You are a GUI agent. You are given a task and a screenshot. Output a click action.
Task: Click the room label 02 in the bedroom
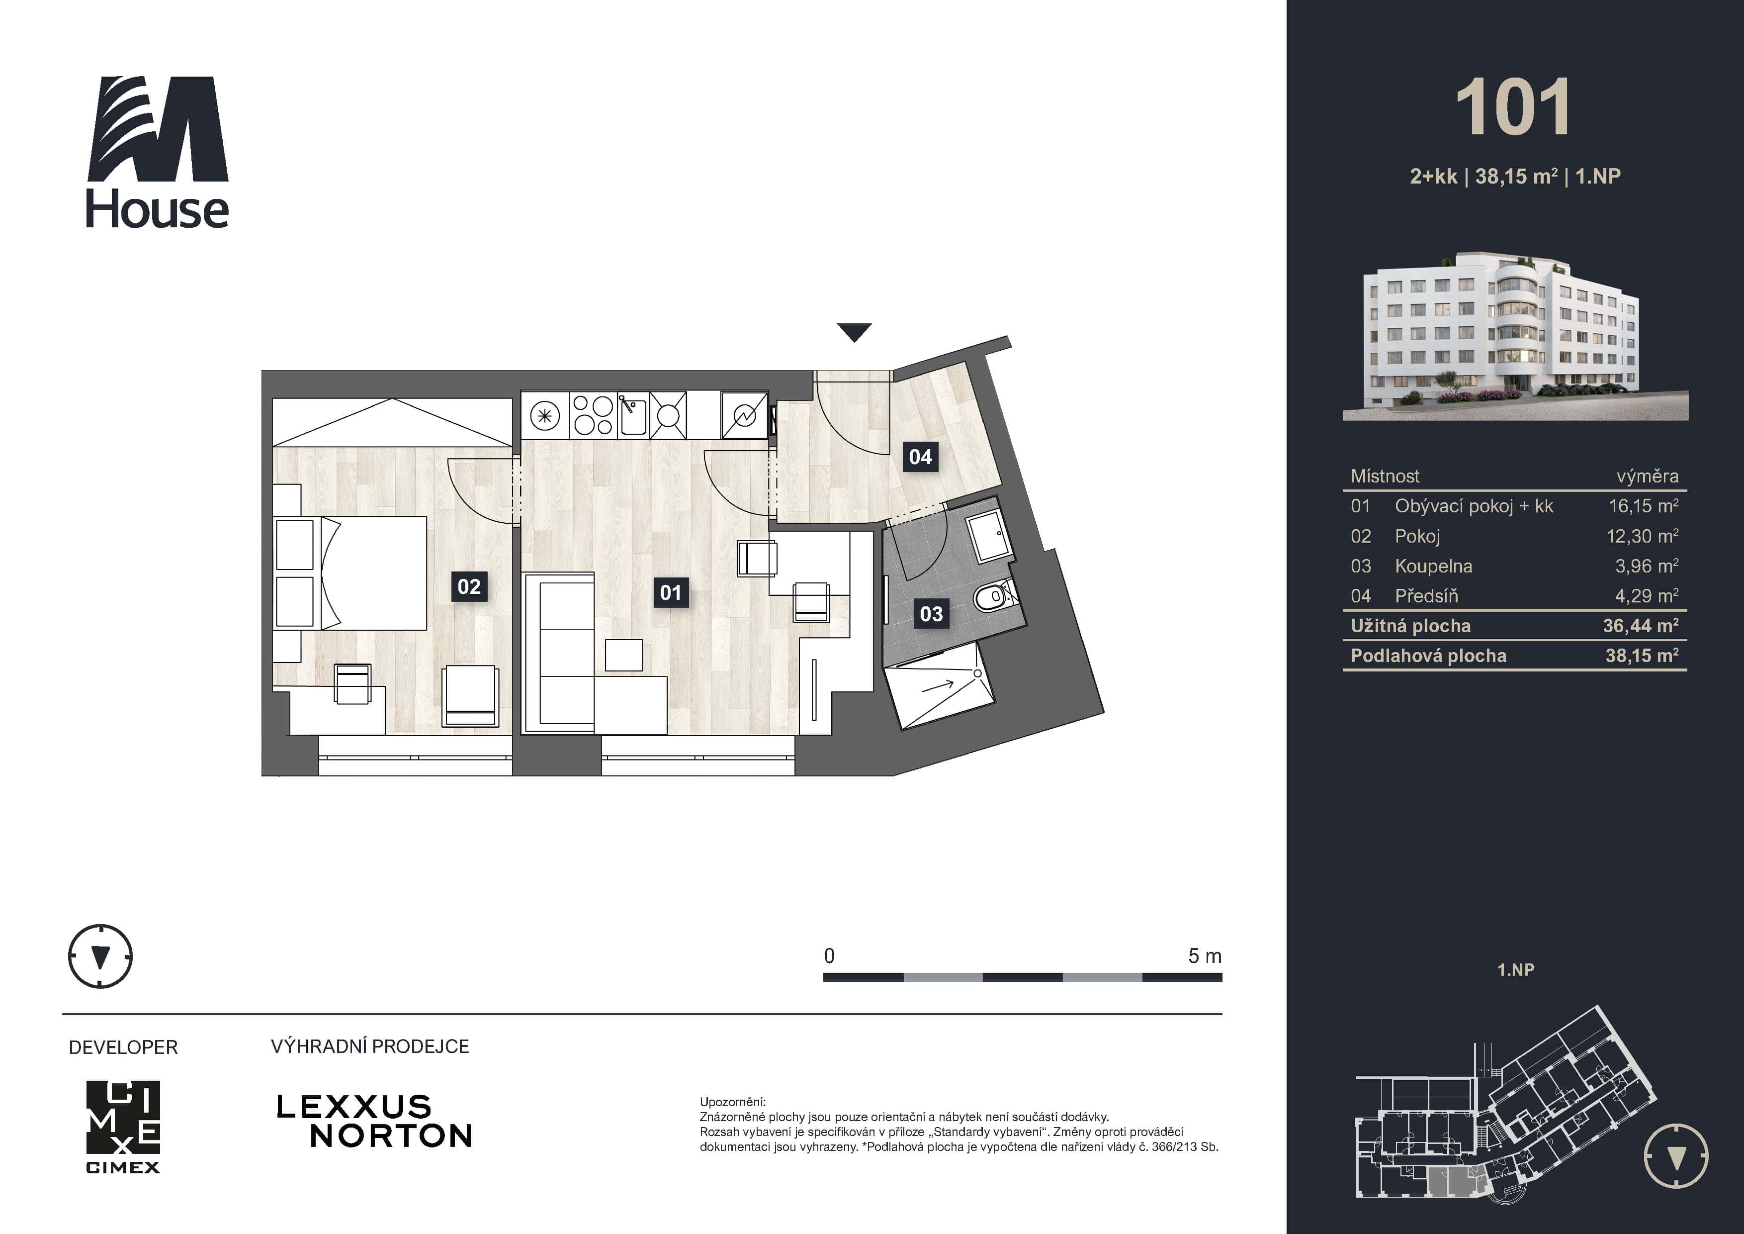469,586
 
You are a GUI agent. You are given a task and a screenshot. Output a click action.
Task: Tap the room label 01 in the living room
671,593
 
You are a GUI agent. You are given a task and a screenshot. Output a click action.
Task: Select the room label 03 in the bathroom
931,614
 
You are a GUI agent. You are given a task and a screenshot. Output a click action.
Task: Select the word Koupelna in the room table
1433,566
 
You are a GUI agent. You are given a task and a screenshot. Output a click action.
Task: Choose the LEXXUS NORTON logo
374,1121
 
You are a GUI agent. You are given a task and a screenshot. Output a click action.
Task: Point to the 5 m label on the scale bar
1204,956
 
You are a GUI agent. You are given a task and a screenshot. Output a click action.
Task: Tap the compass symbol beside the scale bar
100,956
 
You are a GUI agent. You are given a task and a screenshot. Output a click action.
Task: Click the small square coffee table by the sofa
623,655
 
